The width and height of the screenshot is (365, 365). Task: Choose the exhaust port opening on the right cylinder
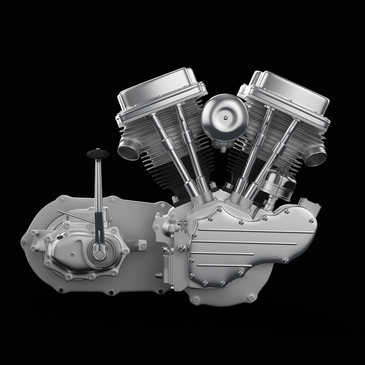(x=317, y=156)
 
